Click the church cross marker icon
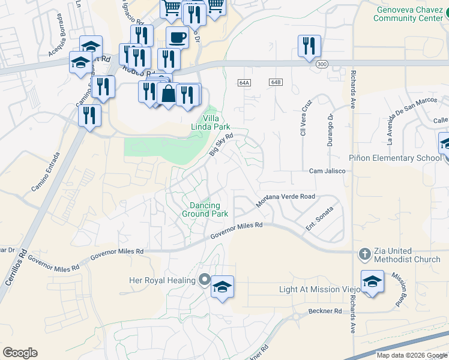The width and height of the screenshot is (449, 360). click(x=364, y=254)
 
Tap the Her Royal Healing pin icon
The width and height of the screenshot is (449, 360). click(x=204, y=280)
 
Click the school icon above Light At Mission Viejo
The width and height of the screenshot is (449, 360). click(x=372, y=281)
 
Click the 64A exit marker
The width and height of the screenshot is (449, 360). click(x=243, y=82)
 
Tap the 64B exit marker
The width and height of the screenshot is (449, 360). click(x=276, y=82)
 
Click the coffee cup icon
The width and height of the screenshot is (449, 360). click(x=176, y=37)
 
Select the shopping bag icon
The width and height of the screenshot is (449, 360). click(x=168, y=94)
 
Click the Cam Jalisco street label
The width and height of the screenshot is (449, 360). click(x=327, y=171)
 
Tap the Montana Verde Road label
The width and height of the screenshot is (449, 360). click(x=286, y=200)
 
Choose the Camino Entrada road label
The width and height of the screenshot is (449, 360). click(x=46, y=173)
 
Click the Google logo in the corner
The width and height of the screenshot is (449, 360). click(x=20, y=353)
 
